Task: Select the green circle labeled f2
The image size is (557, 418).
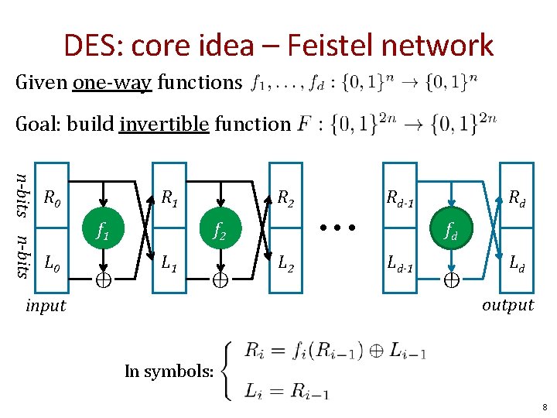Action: [220, 229]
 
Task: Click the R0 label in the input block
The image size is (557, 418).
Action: [52, 198]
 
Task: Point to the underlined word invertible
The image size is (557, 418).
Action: [164, 124]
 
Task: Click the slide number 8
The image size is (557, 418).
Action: [545, 406]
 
